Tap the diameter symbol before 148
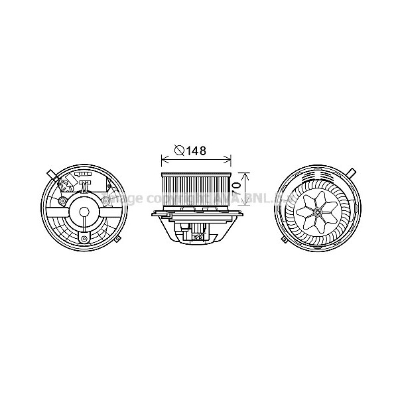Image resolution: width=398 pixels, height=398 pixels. point(179,151)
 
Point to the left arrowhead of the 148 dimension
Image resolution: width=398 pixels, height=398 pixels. point(163,160)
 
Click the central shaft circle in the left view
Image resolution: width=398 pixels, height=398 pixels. point(84,212)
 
